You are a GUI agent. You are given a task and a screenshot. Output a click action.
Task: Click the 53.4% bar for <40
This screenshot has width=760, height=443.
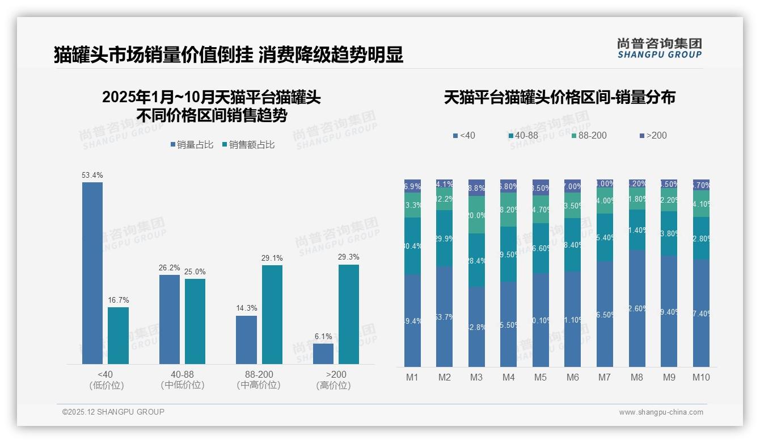click(92, 273)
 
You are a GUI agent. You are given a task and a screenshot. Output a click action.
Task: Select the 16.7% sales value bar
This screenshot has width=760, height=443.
click(118, 336)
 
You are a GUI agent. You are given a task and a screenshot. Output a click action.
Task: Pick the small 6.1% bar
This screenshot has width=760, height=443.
click(323, 354)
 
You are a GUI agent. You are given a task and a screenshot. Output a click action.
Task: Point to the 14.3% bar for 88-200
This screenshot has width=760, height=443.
click(246, 340)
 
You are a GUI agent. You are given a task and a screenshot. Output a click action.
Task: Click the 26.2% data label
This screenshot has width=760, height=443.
click(169, 268)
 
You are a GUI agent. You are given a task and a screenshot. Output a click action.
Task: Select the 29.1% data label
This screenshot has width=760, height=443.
click(272, 258)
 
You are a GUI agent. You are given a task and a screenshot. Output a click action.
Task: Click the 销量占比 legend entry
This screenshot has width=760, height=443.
click(192, 145)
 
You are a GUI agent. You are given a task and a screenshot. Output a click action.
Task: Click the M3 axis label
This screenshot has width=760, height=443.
click(476, 377)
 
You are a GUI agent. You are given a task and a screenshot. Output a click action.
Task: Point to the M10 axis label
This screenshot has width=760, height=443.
click(701, 377)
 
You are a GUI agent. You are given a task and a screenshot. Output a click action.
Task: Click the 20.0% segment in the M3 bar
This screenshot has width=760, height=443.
click(476, 215)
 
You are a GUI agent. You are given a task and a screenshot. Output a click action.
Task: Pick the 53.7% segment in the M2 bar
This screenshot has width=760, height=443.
click(445, 317)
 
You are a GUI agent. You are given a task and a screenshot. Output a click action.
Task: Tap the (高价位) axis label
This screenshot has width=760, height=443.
click(333, 385)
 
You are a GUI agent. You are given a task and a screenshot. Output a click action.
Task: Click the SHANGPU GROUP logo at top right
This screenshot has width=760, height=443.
click(659, 48)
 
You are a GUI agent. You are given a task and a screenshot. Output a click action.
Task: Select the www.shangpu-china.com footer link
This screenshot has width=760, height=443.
click(661, 412)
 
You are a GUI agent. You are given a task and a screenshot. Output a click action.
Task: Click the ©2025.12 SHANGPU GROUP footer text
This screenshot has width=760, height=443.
click(113, 412)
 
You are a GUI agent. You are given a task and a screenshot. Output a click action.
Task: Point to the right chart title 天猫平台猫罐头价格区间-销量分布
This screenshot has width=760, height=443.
click(559, 98)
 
